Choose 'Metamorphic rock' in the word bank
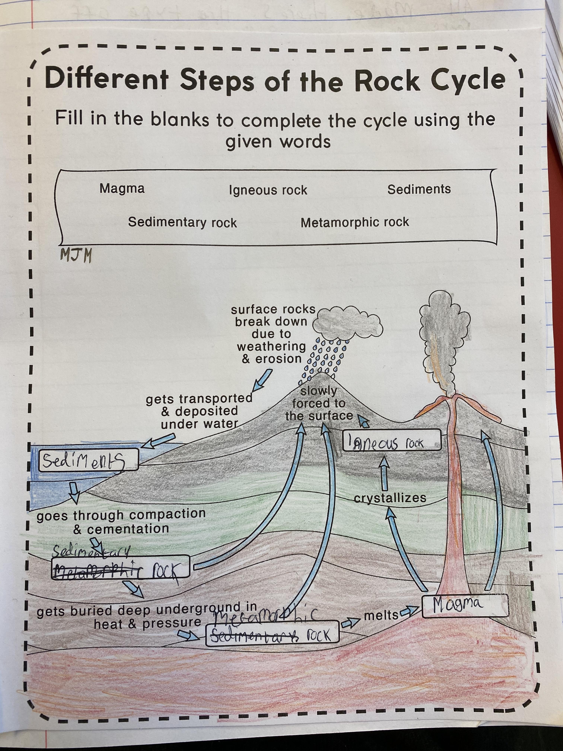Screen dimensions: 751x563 [x=355, y=222]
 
